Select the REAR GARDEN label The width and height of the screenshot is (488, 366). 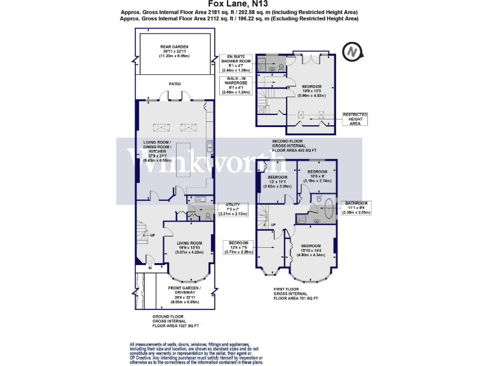tap(174, 51)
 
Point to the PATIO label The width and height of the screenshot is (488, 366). tap(174, 83)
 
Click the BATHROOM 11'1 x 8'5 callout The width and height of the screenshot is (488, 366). tap(359, 208)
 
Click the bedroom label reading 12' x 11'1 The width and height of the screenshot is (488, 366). tap(278, 182)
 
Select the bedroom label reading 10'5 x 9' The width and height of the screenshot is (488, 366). tap(318, 176)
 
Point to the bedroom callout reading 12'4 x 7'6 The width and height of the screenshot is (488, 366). tap(238, 247)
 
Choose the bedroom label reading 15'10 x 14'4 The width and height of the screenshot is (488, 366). tap(311, 250)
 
